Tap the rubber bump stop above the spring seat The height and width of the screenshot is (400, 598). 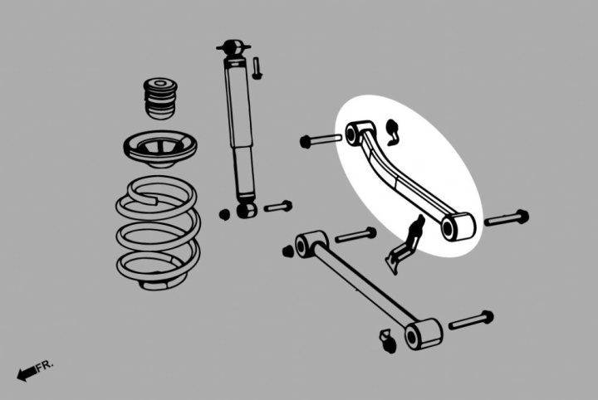[x=160, y=98]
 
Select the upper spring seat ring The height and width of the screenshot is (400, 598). [x=160, y=149]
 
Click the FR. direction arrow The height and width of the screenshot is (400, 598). [x=27, y=373]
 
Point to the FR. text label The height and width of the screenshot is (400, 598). [x=46, y=365]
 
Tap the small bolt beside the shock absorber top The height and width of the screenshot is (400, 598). [x=257, y=68]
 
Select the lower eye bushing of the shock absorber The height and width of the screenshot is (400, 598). [x=247, y=210]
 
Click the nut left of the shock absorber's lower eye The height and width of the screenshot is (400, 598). [x=224, y=214]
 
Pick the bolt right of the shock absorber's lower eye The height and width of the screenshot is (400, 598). [x=278, y=207]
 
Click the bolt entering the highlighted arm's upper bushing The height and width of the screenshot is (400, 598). [x=321, y=139]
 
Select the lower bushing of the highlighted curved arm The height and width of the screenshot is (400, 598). [x=458, y=227]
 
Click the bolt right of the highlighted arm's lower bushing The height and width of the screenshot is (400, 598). [x=507, y=218]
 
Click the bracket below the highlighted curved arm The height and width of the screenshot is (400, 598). [x=404, y=246]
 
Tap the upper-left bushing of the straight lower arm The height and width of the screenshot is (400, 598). [x=310, y=244]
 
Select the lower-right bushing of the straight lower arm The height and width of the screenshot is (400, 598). [x=423, y=334]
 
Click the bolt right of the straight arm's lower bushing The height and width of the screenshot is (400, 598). [x=471, y=321]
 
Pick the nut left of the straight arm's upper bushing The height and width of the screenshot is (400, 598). [x=287, y=251]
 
